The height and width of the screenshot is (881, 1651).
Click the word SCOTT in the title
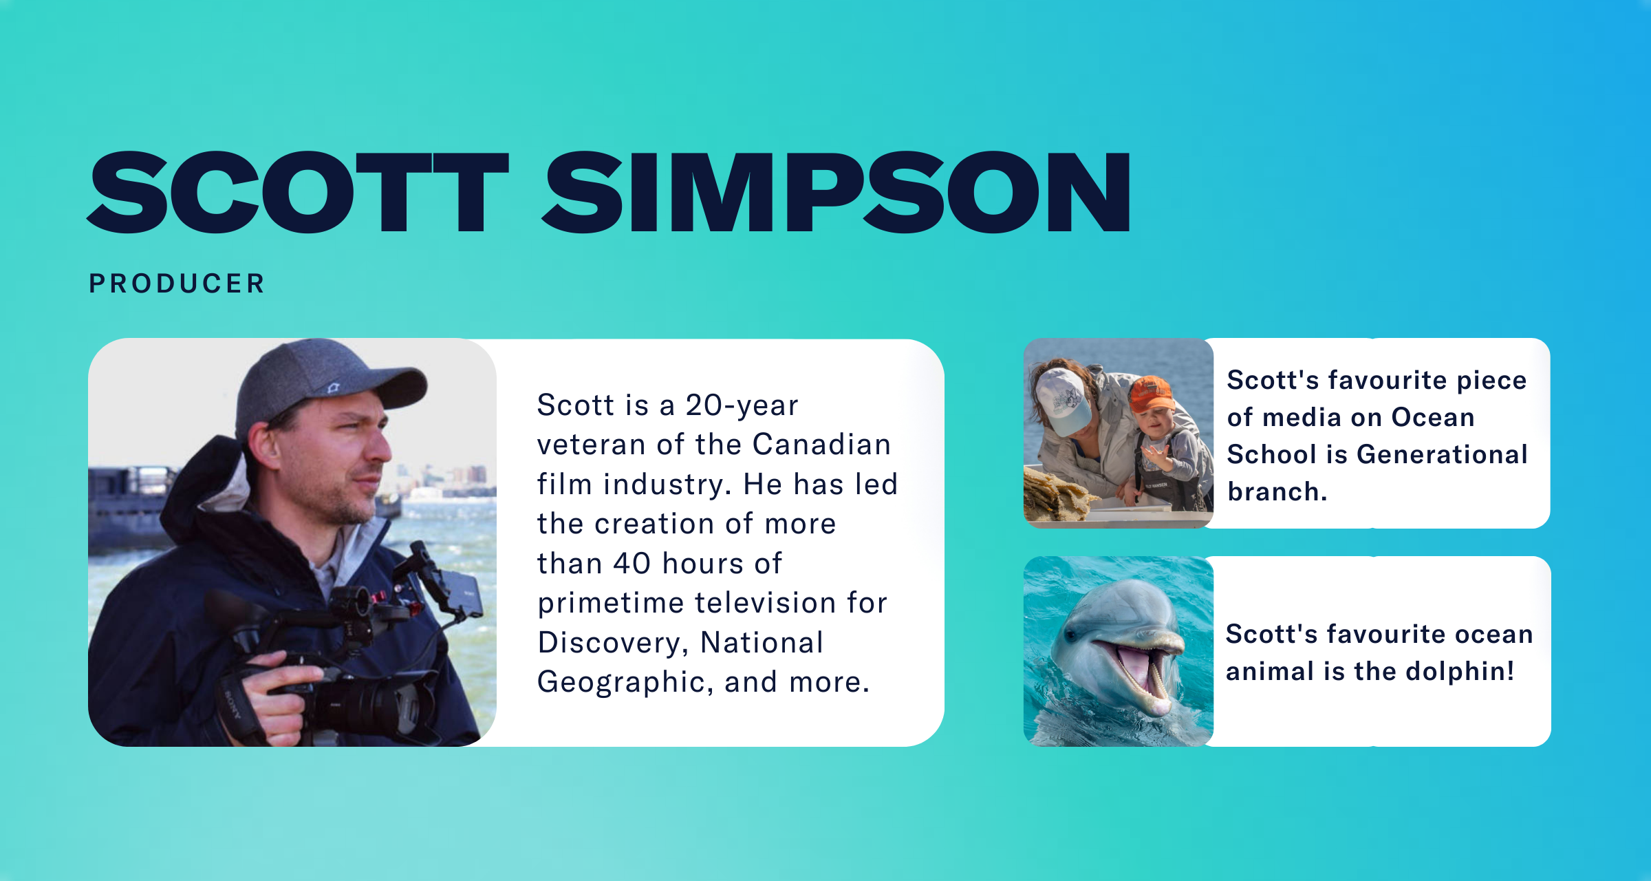pos(298,192)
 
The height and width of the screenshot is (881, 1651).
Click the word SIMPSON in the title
pos(837,192)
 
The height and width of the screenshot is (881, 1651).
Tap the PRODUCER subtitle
pos(177,284)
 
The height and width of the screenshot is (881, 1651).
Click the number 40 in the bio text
pos(632,564)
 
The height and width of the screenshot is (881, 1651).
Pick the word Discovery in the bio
pos(613,644)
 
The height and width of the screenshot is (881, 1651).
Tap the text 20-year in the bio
pos(742,405)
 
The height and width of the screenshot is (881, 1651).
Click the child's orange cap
pos(1152,394)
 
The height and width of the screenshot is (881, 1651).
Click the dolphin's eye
pos(1071,635)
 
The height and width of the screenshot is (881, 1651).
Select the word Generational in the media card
pos(1442,454)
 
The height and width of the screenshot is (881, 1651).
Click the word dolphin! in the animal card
pos(1460,671)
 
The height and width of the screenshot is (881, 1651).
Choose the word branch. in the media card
pos(1277,491)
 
